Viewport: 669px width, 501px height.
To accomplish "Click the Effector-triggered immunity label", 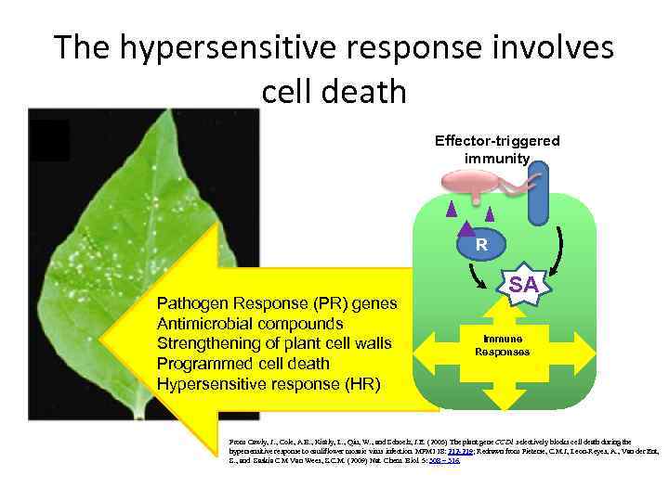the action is (497, 149).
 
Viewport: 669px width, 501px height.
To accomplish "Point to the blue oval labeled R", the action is (481, 245).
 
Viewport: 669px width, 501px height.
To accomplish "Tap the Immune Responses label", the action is (503, 346).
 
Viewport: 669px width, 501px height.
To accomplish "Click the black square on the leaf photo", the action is (49, 139).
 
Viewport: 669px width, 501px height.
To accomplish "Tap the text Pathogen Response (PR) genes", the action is (277, 303).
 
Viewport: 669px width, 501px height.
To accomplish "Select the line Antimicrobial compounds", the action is (250, 324).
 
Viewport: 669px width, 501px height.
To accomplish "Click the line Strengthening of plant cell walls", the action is (274, 344).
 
